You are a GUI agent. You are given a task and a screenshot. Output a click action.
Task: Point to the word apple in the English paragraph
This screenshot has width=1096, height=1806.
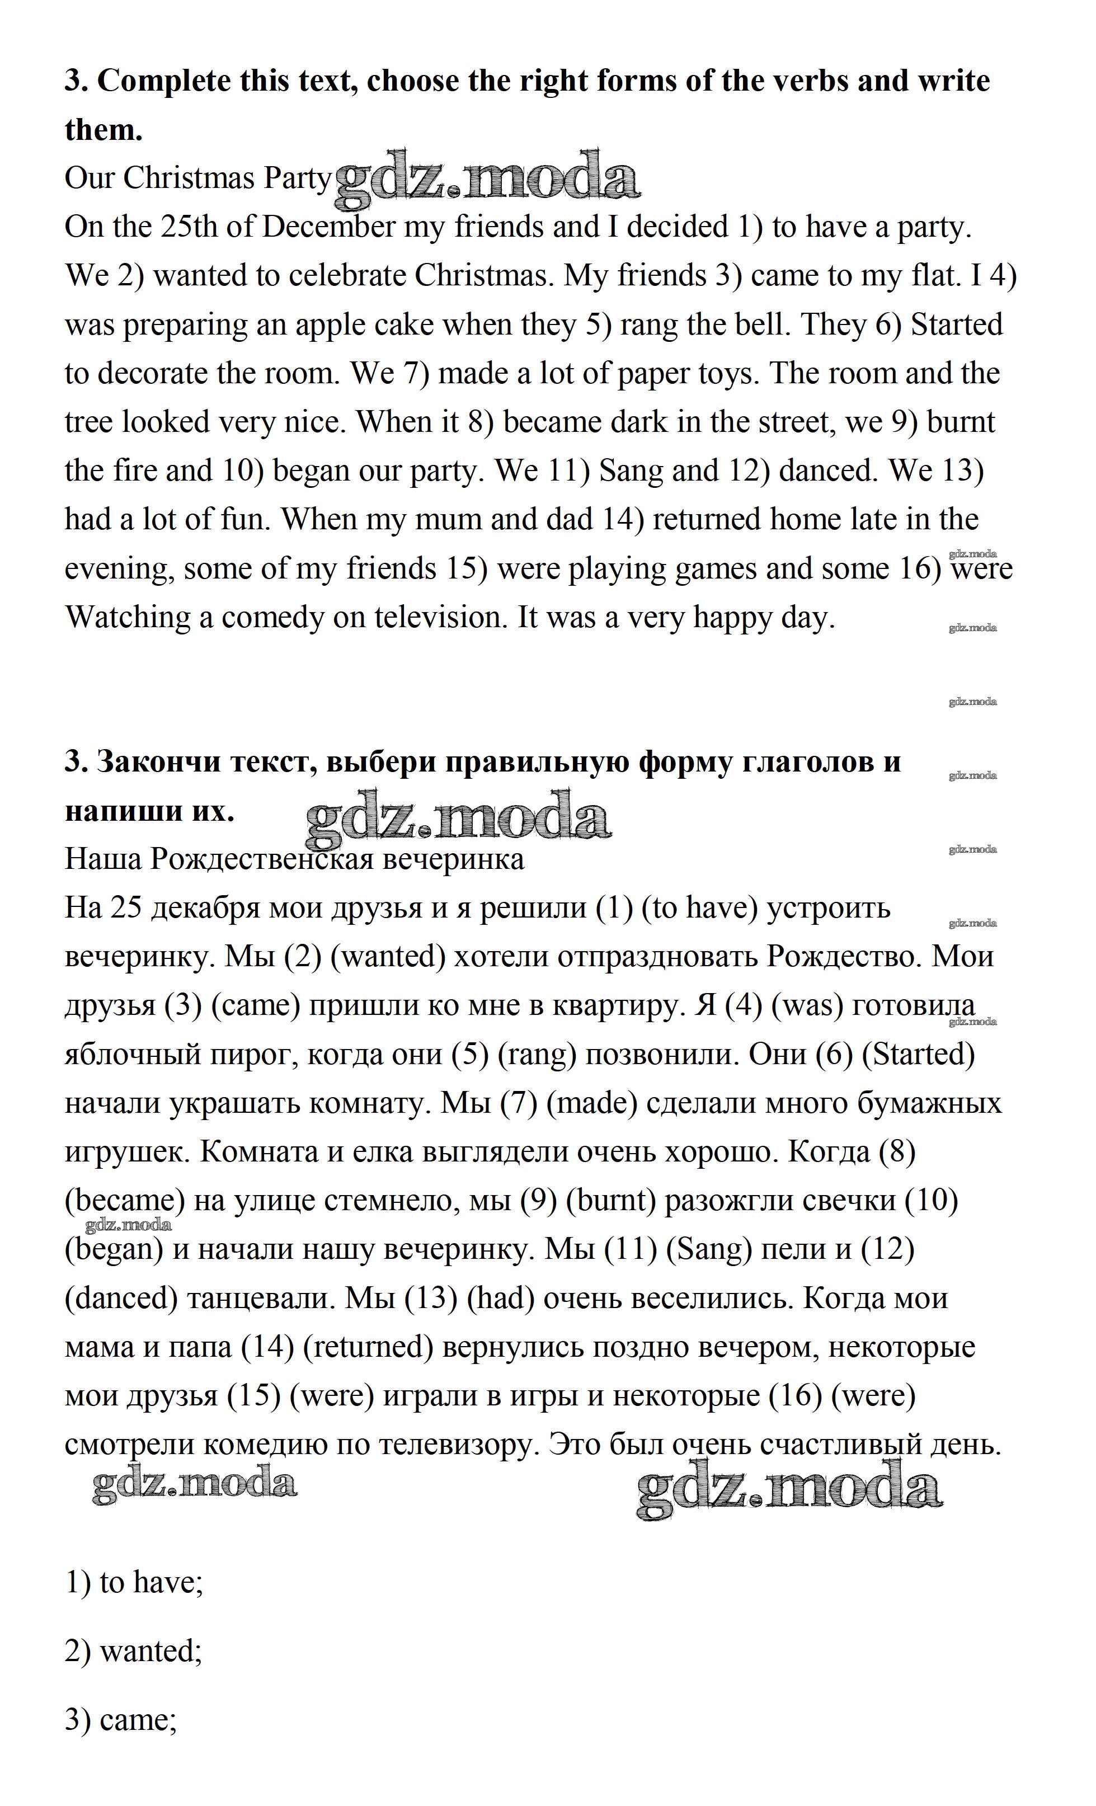tap(331, 324)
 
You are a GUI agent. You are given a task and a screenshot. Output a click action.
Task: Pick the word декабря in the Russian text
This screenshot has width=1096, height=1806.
tap(206, 908)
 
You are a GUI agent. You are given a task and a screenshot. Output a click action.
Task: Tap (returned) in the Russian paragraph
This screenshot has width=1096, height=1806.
tap(368, 1347)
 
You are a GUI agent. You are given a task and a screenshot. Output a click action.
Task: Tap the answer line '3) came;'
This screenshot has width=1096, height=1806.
tap(121, 1719)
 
